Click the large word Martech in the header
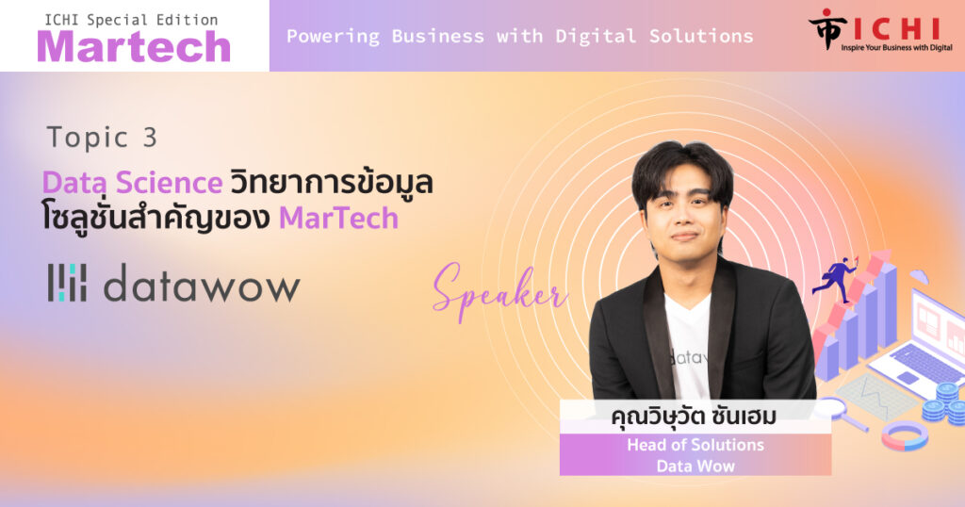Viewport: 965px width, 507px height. (x=134, y=47)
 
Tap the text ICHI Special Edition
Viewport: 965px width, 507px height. (x=131, y=21)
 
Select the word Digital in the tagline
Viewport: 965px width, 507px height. (x=596, y=37)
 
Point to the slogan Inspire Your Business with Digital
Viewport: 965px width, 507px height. (x=897, y=47)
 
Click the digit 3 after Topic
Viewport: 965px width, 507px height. (x=150, y=138)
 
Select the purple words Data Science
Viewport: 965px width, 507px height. (x=132, y=183)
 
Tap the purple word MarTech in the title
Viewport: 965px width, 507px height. (x=338, y=219)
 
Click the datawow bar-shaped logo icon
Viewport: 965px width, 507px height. (x=67, y=283)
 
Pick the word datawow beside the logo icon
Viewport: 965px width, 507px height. (x=202, y=284)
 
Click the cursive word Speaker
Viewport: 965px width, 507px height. (x=499, y=291)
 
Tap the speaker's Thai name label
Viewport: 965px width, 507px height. (x=694, y=416)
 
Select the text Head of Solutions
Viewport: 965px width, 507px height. (x=695, y=445)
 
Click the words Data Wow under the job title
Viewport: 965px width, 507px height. (x=695, y=466)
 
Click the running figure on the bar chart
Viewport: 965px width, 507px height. (x=835, y=280)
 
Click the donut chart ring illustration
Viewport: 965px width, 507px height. (x=905, y=435)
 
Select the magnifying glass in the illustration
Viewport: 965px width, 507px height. (x=840, y=413)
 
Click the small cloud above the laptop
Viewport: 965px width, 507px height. (x=919, y=276)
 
